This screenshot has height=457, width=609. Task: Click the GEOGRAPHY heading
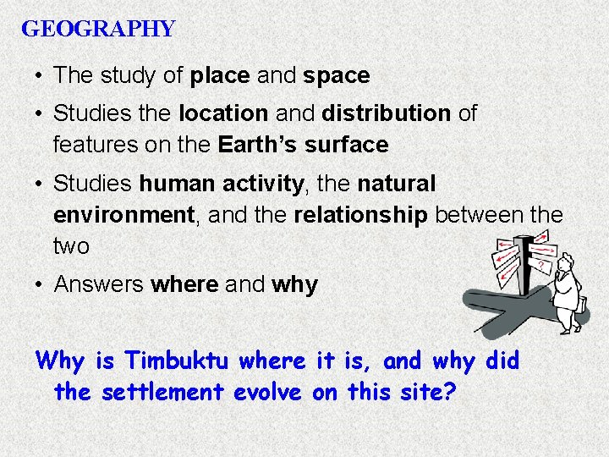98,30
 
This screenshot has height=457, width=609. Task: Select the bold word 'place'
220,75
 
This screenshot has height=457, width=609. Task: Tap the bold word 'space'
336,75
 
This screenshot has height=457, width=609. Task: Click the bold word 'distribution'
386,113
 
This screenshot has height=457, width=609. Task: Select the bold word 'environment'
123,215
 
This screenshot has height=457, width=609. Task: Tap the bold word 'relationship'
360,215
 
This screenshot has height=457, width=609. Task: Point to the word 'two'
71,246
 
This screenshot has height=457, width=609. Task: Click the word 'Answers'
99,284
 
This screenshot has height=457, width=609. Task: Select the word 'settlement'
160,393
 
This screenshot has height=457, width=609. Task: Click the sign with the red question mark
540,265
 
